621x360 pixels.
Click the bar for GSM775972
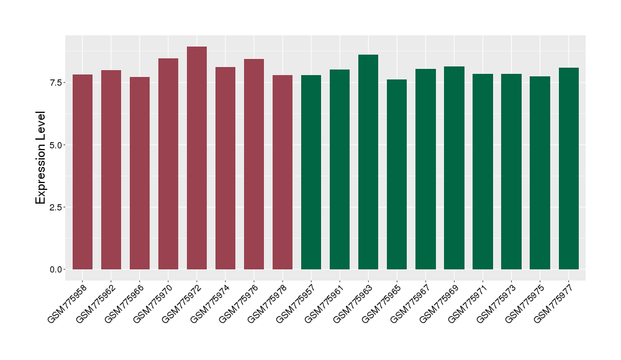pos(197,158)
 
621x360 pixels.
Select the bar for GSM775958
pos(83,172)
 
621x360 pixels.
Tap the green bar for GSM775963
pos(368,162)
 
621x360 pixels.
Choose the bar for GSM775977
pos(568,168)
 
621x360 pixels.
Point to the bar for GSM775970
pos(168,164)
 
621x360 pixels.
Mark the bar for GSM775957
pos(311,172)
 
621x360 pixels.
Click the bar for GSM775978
pos(283,172)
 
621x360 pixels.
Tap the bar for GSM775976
pos(254,164)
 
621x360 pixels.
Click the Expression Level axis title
pos(41,158)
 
